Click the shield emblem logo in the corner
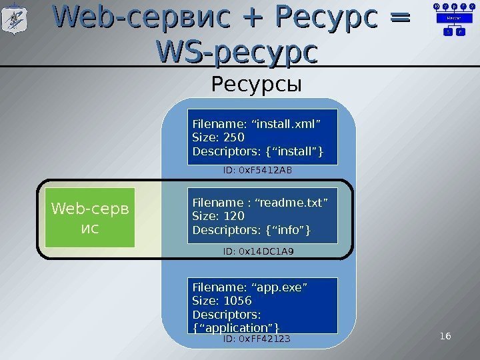(x=15, y=19)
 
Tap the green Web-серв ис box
(x=89, y=217)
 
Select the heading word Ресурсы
(x=257, y=85)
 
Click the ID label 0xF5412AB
(x=257, y=171)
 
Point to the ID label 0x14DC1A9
(x=259, y=251)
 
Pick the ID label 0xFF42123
(x=257, y=339)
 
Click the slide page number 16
(x=445, y=335)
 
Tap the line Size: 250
(x=218, y=138)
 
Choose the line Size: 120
(x=218, y=217)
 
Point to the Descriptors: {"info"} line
(x=251, y=231)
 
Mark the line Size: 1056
(x=221, y=301)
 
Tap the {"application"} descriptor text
(x=235, y=327)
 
